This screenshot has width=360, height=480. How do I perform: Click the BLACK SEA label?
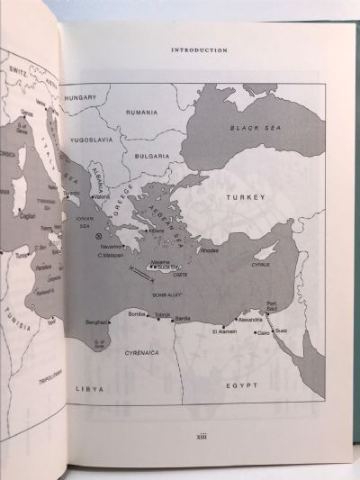(249, 129)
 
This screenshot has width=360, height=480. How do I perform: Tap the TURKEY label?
(243, 196)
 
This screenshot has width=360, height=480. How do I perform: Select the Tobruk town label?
(161, 315)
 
